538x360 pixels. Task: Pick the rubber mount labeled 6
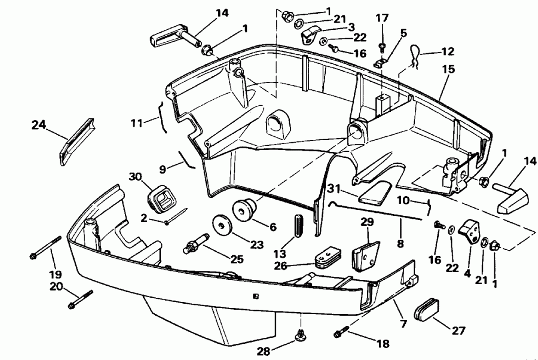[x=246, y=210]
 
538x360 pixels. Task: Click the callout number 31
[x=334, y=189]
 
